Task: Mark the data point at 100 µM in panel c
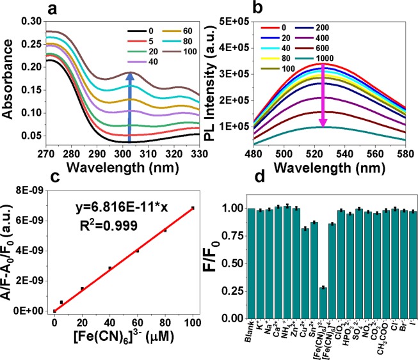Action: click(192, 208)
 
